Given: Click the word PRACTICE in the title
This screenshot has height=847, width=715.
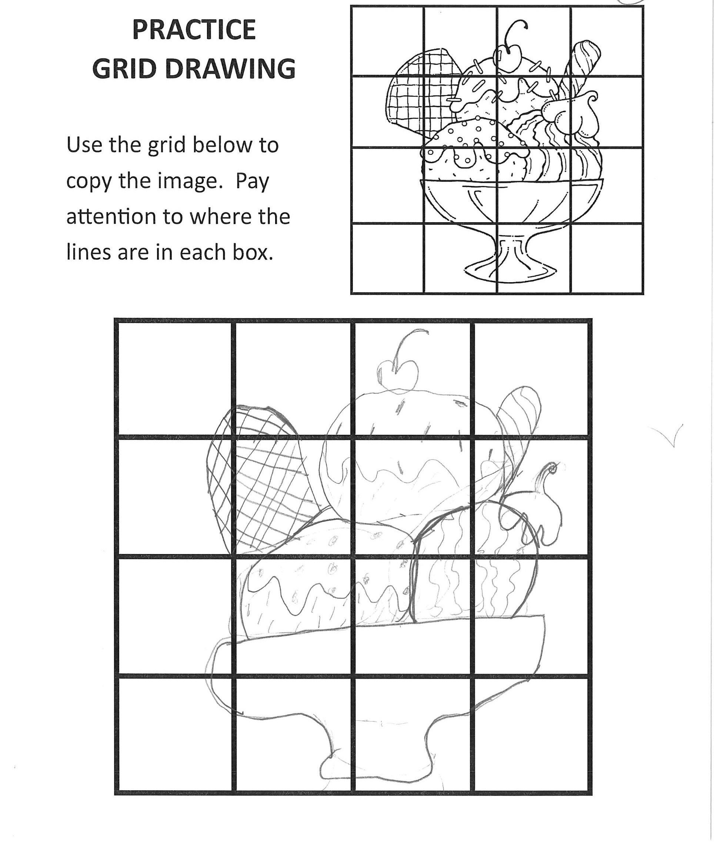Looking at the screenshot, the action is coord(194,30).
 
